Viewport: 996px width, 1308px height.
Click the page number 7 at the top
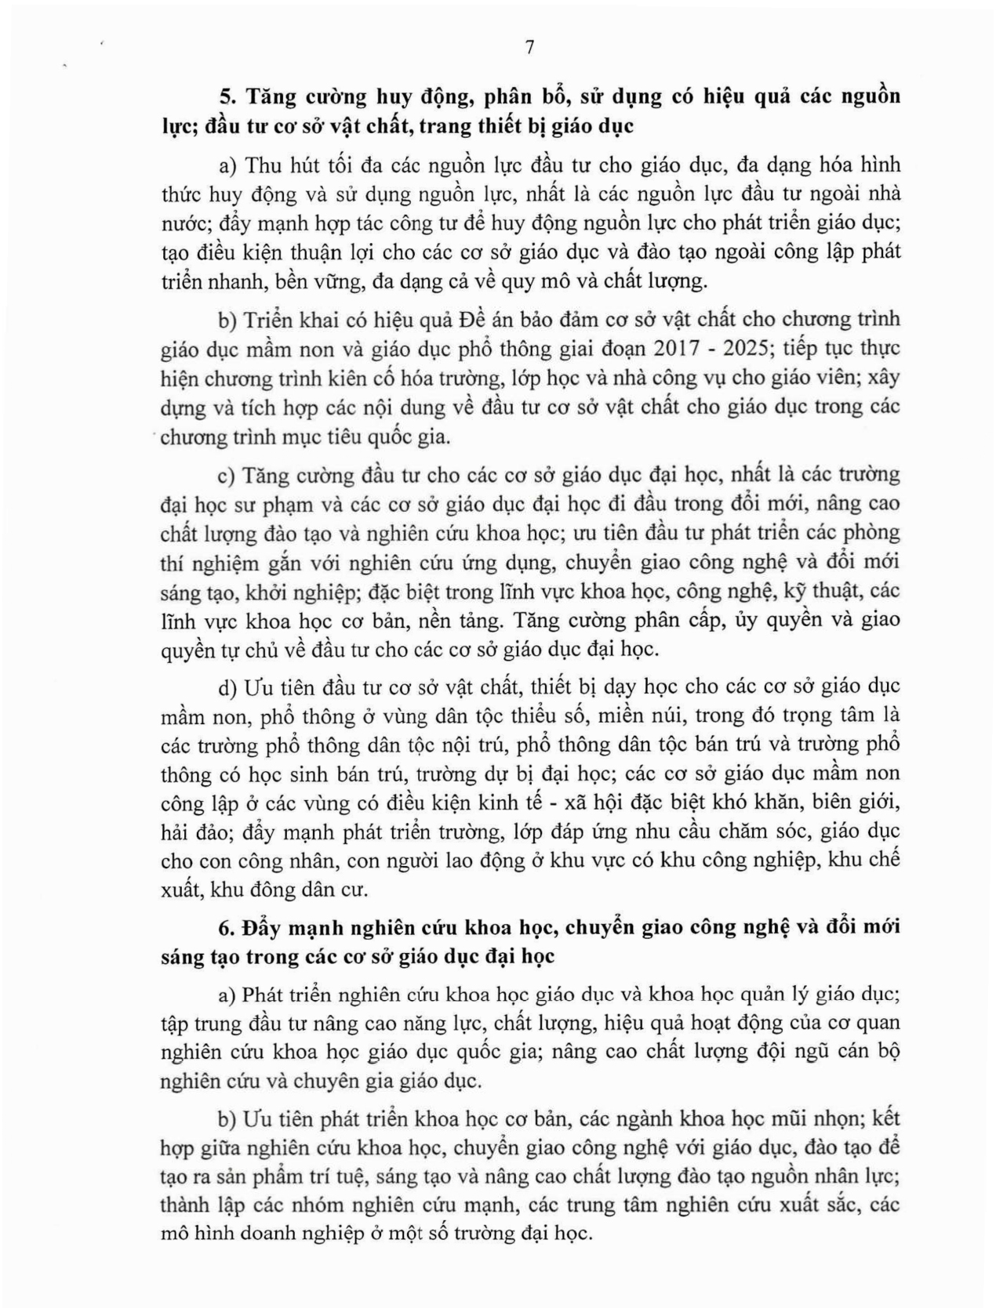(529, 48)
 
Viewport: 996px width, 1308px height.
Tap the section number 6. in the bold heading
(227, 926)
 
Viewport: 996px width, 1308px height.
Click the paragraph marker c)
(227, 475)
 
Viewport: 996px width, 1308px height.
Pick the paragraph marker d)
(227, 687)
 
